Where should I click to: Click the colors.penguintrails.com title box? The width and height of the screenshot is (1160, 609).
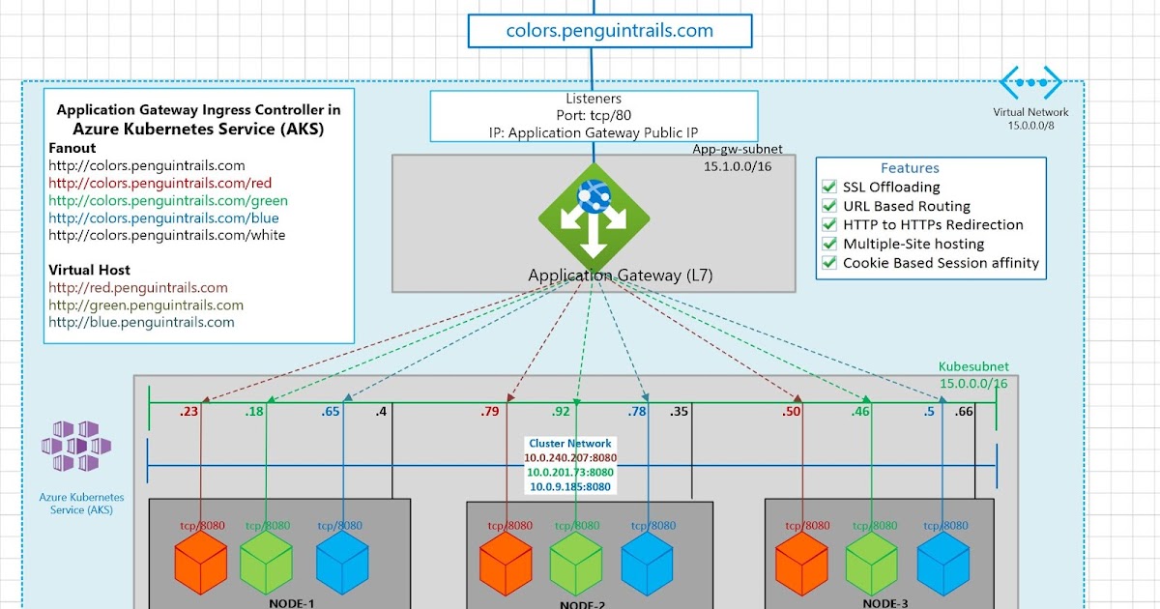[609, 30]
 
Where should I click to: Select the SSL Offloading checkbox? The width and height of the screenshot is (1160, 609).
[828, 188]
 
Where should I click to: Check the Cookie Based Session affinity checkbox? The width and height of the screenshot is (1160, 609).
[828, 263]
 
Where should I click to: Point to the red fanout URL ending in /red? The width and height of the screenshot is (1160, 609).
[159, 184]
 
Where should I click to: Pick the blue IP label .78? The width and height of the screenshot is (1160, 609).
[637, 413]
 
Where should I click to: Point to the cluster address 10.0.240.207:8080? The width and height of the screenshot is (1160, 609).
[570, 457]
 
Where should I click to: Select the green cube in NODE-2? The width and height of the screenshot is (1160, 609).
[576, 564]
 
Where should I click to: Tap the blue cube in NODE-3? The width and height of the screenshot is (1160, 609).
[942, 563]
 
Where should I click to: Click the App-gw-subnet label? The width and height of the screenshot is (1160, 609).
[737, 150]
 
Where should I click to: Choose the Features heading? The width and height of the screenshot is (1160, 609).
[909, 168]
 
